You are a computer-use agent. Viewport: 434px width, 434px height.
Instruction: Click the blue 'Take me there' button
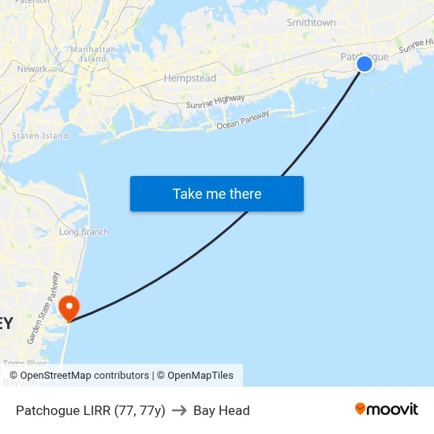pyautogui.click(x=217, y=193)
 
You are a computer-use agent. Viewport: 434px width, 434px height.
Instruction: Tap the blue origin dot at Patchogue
pyautogui.click(x=365, y=64)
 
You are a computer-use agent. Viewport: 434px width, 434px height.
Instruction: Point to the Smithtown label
pyautogui.click(x=311, y=23)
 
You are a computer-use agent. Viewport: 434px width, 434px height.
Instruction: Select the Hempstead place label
pyautogui.click(x=189, y=78)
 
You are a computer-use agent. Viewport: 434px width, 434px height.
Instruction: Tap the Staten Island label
pyautogui.click(x=39, y=136)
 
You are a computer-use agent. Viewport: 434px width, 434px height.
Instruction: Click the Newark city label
pyautogui.click(x=32, y=69)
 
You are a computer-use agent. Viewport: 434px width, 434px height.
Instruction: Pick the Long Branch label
pyautogui.click(x=84, y=232)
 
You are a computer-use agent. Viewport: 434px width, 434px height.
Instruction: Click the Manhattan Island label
pyautogui.click(x=94, y=54)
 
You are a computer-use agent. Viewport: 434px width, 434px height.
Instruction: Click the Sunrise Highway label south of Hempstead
pyautogui.click(x=215, y=101)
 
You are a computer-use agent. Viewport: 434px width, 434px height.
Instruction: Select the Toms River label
pyautogui.click(x=25, y=364)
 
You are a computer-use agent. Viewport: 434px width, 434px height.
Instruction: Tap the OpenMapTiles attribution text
pyautogui.click(x=200, y=376)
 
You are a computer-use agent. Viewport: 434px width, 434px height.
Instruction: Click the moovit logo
pyautogui.click(x=387, y=409)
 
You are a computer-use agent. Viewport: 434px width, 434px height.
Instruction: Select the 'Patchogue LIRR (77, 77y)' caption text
pyautogui.click(x=91, y=410)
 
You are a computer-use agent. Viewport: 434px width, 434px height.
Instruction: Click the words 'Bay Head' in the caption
pyautogui.click(x=222, y=410)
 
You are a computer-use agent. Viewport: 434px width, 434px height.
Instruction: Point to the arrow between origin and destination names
pyautogui.click(x=179, y=410)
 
